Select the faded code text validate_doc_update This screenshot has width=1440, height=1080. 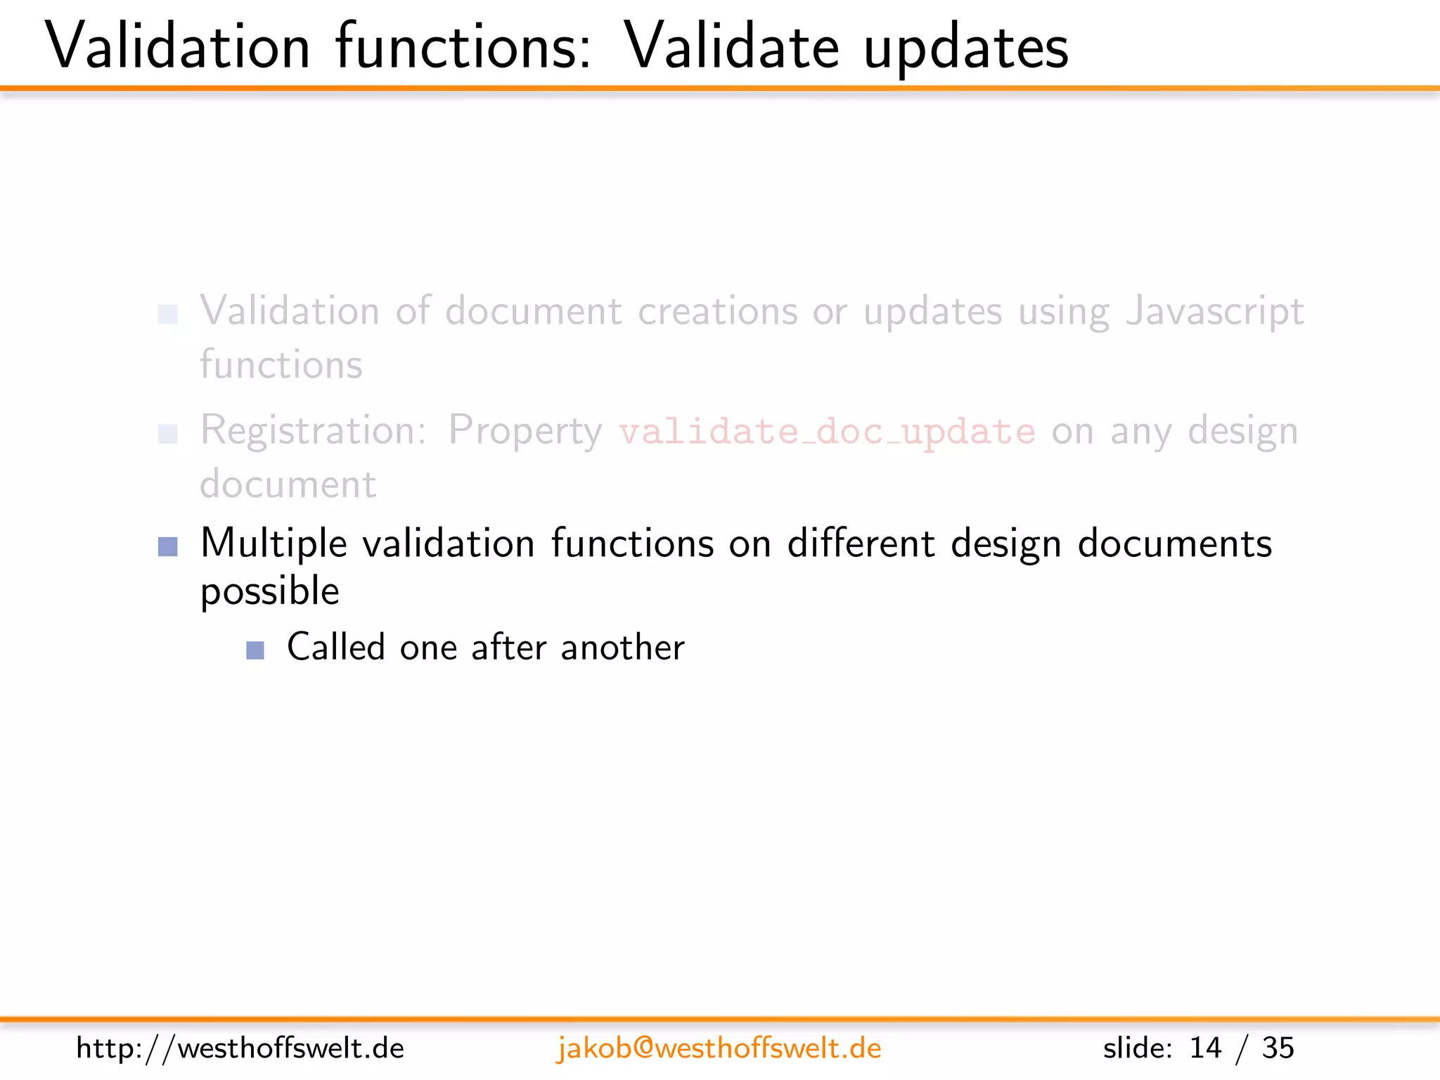[x=827, y=431]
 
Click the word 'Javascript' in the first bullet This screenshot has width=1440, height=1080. [x=1215, y=311]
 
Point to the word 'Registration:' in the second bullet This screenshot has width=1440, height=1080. [x=314, y=430]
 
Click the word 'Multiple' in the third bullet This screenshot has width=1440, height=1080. [x=274, y=544]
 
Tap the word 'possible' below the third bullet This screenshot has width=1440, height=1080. [x=270, y=591]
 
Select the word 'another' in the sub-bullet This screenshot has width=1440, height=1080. [x=622, y=647]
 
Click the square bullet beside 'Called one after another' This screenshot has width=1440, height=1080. [x=255, y=650]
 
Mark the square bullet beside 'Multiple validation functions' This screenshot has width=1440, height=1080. [x=168, y=546]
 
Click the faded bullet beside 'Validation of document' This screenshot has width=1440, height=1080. [x=168, y=314]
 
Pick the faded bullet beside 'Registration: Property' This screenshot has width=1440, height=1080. [x=168, y=434]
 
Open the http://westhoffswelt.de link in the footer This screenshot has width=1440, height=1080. [x=240, y=1048]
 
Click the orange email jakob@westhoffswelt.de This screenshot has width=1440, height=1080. [x=719, y=1048]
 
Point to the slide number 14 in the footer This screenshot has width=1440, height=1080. [x=1205, y=1048]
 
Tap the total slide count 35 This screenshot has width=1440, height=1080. [x=1278, y=1048]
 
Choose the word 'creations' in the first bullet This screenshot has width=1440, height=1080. [x=717, y=311]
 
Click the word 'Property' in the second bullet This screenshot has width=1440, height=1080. [x=525, y=431]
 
